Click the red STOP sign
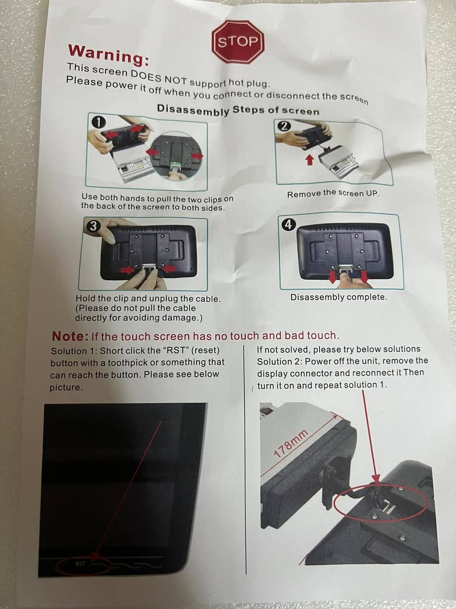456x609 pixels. (x=238, y=41)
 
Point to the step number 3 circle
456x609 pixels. (x=93, y=226)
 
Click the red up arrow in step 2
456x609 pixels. (x=310, y=160)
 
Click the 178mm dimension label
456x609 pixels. (x=291, y=443)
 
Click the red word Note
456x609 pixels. (x=70, y=336)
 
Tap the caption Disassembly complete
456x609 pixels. (x=338, y=297)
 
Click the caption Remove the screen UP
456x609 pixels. (x=332, y=194)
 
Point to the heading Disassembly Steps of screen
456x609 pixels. (x=238, y=110)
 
